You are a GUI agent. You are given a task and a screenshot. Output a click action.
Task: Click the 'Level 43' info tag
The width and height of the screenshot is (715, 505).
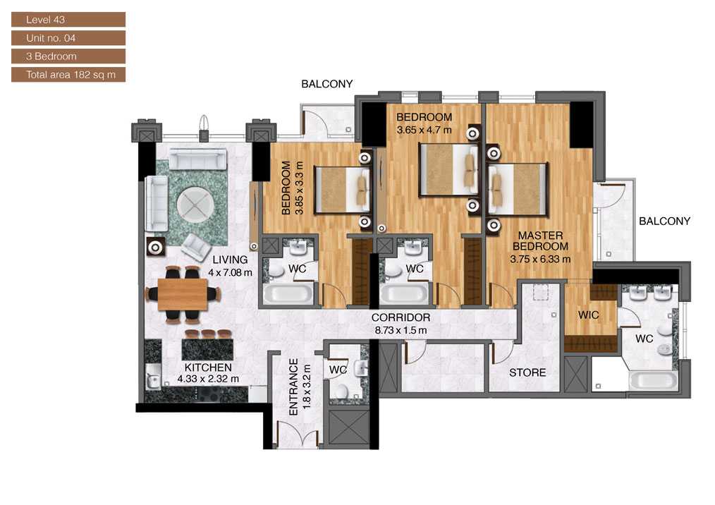point(68,20)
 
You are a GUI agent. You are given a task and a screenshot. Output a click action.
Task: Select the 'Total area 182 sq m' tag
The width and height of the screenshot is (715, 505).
point(68,75)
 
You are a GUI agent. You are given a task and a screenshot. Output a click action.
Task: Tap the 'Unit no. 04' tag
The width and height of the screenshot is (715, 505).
point(68,38)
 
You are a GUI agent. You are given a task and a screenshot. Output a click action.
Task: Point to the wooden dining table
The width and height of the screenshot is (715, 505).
point(183,294)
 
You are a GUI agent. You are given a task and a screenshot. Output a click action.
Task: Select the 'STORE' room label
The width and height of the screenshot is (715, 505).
point(527,372)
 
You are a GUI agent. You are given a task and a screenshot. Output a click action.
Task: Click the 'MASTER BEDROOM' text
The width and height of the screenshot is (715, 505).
point(540,241)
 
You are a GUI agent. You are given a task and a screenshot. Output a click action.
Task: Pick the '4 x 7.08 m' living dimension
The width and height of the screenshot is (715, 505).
point(230,272)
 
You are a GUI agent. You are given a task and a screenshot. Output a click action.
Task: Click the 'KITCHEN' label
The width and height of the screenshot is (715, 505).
point(208,367)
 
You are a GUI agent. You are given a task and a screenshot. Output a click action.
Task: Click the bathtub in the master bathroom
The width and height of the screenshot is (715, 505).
point(653,382)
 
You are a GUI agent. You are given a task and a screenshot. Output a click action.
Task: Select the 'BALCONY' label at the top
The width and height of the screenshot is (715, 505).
point(326,84)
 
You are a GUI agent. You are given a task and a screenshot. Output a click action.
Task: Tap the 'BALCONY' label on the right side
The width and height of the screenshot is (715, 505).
point(664,221)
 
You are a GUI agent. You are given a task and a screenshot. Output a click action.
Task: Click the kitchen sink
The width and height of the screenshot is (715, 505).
point(152,379)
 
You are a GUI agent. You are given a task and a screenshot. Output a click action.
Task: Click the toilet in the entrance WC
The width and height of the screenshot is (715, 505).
point(341,391)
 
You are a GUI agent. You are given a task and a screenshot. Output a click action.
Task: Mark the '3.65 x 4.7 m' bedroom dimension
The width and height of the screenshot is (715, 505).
point(423,130)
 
